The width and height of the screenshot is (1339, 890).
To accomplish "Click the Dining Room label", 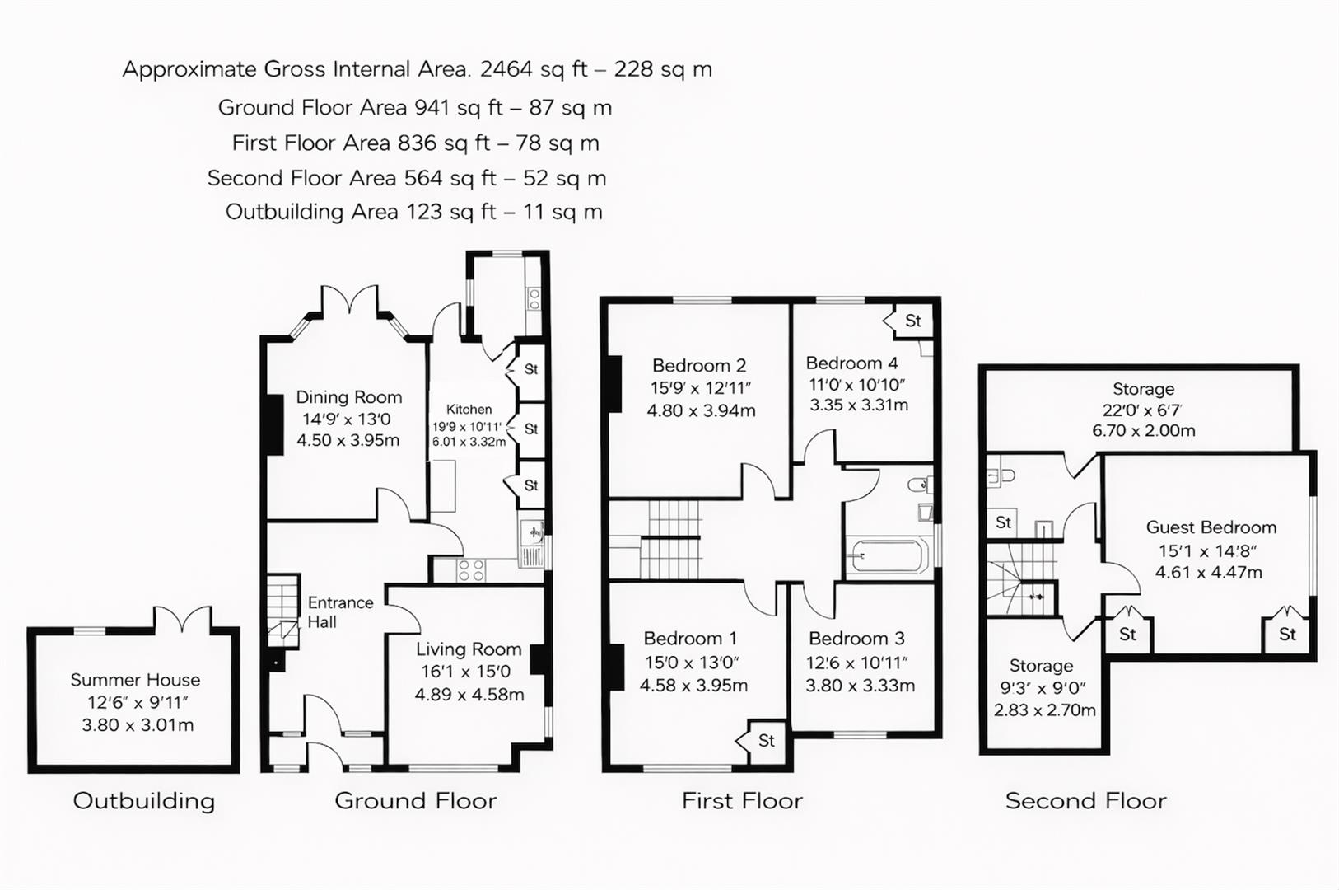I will pos(348,397).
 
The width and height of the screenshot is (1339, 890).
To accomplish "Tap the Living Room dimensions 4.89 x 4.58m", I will pos(469,695).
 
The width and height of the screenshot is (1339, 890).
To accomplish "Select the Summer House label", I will pos(135,680).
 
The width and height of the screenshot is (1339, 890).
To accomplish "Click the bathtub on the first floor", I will pos(888,556).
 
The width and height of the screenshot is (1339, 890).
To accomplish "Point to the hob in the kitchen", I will pos(471,569).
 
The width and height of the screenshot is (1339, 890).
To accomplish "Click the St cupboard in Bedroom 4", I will pos(911,321).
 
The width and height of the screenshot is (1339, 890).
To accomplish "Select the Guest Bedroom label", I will pos(1211,527).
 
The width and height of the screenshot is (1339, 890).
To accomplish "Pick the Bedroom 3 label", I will pos(856,639).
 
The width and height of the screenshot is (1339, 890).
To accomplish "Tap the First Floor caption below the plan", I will pos(742,801).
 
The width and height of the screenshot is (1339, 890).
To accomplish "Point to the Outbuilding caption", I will pos(144,801).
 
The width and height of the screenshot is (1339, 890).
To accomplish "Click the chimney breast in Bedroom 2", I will pos(614,383).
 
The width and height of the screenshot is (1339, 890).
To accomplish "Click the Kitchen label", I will pos(469,410).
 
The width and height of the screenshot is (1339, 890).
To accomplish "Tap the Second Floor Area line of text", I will pos(406,178).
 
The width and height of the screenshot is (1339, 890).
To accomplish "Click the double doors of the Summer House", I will pos(183,620).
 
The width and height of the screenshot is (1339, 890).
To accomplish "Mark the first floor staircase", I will pos(671,540).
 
